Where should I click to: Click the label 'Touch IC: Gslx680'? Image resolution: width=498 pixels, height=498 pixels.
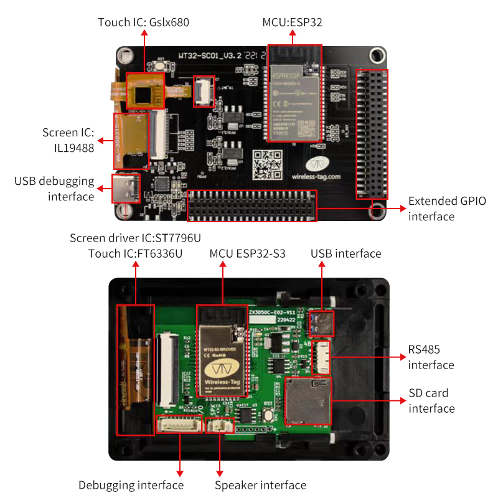point(143,22)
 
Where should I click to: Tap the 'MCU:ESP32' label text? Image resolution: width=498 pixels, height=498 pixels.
point(292,22)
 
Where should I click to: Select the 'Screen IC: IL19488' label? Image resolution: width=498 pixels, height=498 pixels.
point(68,140)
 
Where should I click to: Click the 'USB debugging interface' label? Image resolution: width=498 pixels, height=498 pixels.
point(54,189)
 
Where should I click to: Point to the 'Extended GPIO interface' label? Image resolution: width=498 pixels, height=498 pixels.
point(446,209)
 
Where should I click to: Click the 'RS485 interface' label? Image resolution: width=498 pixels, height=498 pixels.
point(431,357)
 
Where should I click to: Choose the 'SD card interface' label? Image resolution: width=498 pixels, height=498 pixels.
point(431,400)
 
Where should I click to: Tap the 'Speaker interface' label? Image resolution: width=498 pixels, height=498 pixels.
point(260,485)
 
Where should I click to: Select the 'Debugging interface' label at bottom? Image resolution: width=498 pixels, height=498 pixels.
point(131,485)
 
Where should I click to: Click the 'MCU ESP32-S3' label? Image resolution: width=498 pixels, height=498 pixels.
point(247,253)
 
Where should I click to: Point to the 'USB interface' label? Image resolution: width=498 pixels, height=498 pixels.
point(345,253)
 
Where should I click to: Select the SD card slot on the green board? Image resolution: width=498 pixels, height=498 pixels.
point(308,401)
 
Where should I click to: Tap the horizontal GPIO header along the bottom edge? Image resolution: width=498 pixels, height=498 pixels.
point(252,206)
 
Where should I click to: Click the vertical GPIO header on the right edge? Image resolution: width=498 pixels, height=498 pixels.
point(371,134)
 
